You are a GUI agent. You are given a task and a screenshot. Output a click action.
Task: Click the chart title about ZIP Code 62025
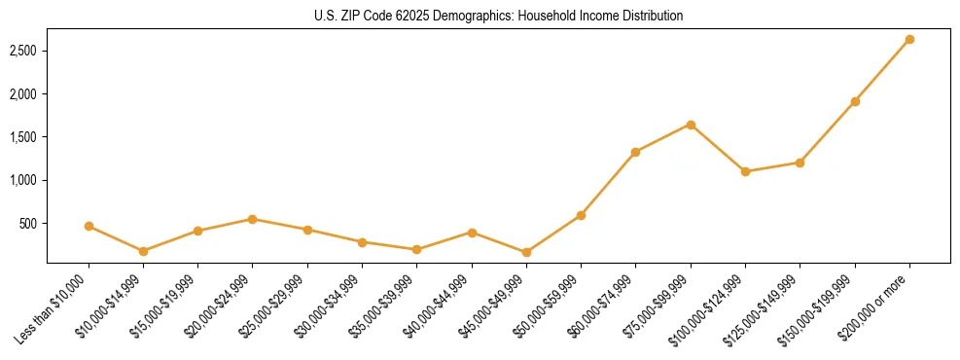pos(498,16)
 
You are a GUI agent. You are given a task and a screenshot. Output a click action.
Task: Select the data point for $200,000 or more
pos(909,39)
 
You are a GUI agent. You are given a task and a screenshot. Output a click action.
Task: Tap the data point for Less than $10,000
pos(89,226)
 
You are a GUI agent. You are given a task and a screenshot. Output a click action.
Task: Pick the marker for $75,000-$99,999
pos(691,125)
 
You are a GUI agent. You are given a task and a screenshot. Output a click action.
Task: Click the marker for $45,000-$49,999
pos(526,252)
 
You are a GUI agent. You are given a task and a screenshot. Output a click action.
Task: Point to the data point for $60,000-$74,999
pos(636,152)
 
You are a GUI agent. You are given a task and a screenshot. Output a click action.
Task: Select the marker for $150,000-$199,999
pos(855,101)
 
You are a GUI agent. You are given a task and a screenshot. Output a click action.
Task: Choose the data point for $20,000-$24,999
pos(253,219)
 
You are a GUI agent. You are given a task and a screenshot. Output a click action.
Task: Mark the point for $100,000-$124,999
pos(745,171)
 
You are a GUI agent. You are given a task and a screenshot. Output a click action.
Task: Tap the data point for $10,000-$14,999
pos(143,251)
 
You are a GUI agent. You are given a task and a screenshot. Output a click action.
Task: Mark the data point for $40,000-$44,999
pos(472,233)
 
